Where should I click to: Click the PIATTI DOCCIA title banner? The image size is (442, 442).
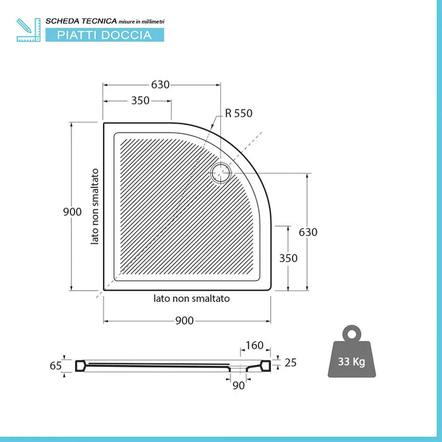pos(104,35)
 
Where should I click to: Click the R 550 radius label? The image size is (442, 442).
pos(239,114)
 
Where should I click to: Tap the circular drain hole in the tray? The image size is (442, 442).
pos(222,172)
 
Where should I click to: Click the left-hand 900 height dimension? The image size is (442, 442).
pos(72,212)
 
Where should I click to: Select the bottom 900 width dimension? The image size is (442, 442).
pos(184,321)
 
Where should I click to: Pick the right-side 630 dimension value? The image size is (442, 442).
pos(308,232)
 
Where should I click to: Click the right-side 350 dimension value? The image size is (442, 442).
pos(288,258)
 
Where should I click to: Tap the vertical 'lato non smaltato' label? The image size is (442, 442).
pos(95,206)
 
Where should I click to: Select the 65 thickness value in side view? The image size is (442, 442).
pos(56,365)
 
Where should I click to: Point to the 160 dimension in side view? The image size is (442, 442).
pos(254,345)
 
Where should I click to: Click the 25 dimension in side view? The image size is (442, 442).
pos(290,362)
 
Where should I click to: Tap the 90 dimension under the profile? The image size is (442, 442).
pos(238,385)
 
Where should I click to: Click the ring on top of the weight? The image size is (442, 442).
pos(351,332)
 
